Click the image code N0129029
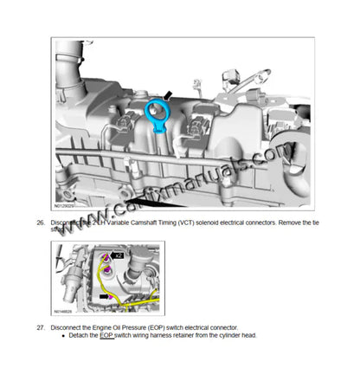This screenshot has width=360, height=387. coord(66,207)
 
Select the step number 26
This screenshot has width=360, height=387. coord(40,223)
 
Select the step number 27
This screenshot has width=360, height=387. coord(40,328)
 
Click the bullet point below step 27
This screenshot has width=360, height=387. coord(64,336)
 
